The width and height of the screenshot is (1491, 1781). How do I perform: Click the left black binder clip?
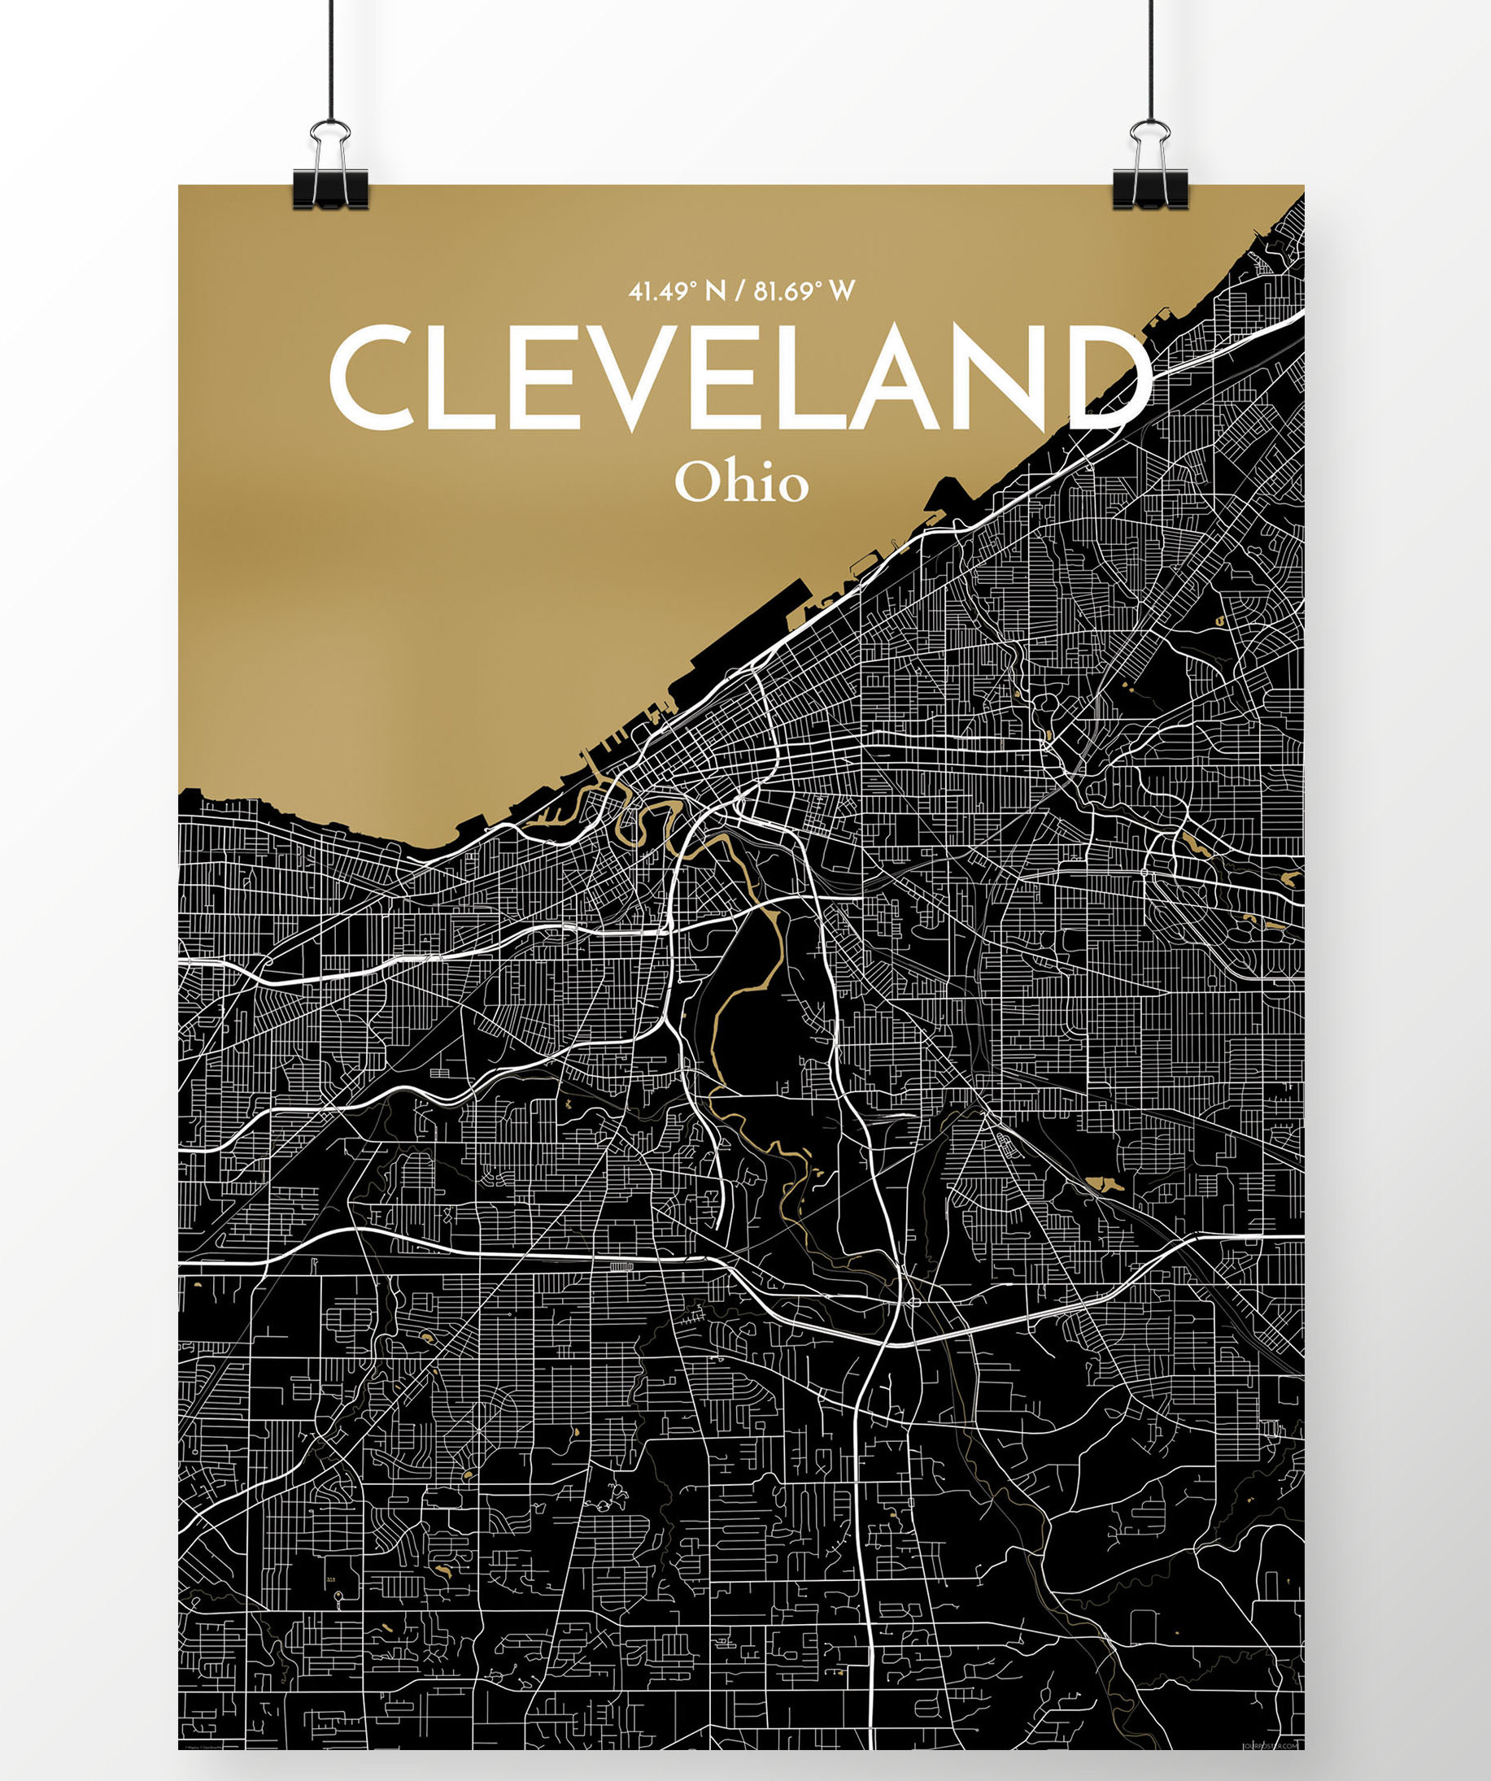331,189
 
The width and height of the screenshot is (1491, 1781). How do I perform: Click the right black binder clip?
1150,189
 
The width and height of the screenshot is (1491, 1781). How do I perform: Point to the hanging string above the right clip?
1151,59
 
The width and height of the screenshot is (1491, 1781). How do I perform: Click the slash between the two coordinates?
740,293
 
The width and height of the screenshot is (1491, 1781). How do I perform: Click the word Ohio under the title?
741,482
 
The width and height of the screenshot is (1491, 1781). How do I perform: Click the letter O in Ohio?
697,483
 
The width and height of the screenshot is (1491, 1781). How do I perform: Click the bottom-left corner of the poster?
180,1748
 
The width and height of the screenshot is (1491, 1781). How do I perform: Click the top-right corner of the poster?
1304,185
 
